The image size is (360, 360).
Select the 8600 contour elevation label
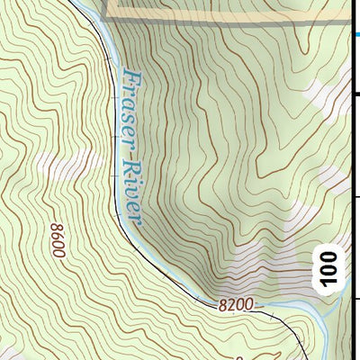58,239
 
